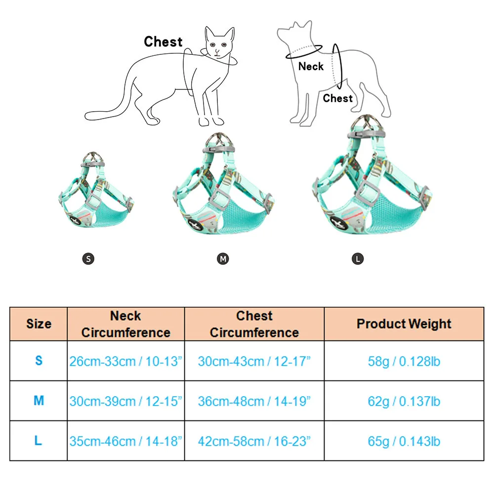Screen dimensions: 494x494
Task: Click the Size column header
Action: [x=39, y=324]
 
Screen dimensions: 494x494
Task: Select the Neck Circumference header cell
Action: [x=126, y=324]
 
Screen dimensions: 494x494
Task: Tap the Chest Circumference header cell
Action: [x=254, y=324]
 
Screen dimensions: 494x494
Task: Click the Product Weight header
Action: [x=404, y=324]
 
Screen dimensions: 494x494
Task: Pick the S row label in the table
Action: [x=39, y=361]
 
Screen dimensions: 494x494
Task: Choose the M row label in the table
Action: [x=39, y=401]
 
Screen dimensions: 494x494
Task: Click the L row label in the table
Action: [x=39, y=441]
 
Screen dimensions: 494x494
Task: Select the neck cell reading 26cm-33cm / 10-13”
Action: [x=126, y=361]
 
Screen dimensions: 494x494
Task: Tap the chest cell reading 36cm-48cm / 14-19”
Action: [x=254, y=401]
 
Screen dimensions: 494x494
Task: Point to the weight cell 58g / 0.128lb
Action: [x=404, y=361]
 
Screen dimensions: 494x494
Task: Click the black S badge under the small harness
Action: [x=88, y=258]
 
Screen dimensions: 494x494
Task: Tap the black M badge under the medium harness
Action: [x=223, y=258]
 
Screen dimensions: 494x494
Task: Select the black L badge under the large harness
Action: [x=358, y=258]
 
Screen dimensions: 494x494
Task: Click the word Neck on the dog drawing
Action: [x=311, y=66]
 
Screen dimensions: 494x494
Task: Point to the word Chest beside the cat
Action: [x=163, y=42]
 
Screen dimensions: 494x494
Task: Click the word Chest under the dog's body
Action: [x=338, y=98]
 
